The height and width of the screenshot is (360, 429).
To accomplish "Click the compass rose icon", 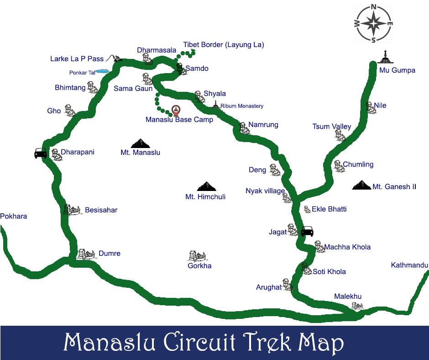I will click(x=374, y=23).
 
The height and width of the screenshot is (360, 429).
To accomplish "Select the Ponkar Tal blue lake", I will click(x=101, y=71).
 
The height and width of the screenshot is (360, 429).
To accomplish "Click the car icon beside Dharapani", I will click(x=41, y=153).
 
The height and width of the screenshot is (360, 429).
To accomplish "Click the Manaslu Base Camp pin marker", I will click(x=176, y=110).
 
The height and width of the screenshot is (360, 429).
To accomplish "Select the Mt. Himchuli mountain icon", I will click(x=205, y=186).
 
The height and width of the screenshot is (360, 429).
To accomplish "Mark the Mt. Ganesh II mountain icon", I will click(x=362, y=185).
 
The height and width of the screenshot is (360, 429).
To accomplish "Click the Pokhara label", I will click(x=14, y=216).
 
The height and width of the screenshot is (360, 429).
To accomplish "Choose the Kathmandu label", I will click(x=409, y=265).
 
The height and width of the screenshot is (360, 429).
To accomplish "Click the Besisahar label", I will click(x=101, y=210).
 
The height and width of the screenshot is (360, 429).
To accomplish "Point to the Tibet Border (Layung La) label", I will click(x=224, y=45).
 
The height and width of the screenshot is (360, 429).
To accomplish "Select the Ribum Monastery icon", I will click(x=216, y=105).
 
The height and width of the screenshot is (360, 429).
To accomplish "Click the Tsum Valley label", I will click(x=332, y=127).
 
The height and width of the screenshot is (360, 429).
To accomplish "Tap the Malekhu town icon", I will click(x=356, y=306).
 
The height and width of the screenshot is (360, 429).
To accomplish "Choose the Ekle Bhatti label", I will click(x=329, y=209).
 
